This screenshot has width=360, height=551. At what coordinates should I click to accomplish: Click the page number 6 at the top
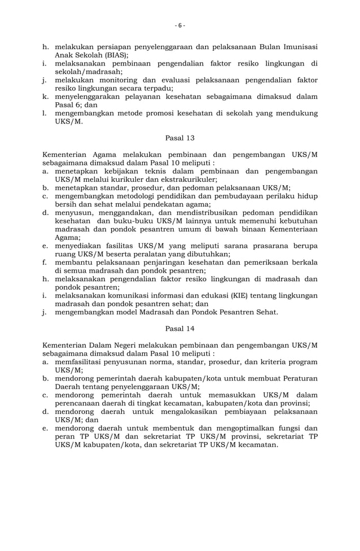point(179,25)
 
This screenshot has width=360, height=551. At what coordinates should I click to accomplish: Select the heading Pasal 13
point(179,137)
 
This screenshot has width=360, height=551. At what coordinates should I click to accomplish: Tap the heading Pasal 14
point(179,328)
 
